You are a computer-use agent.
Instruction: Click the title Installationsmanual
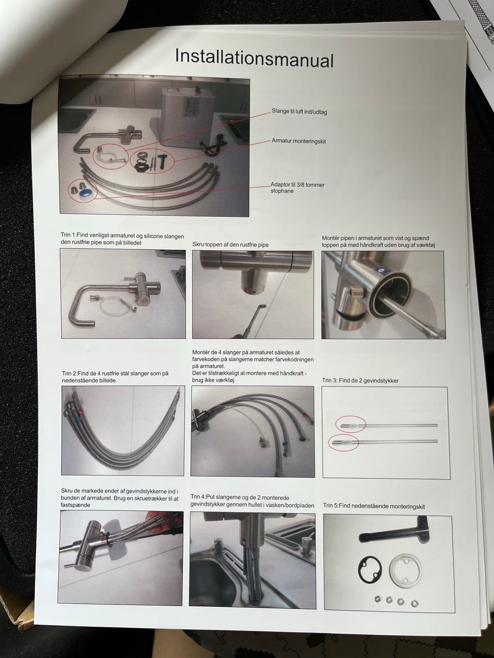pyautogui.click(x=254, y=58)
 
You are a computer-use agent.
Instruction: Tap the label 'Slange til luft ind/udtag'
pyautogui.click(x=299, y=112)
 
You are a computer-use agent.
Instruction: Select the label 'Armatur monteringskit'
pyautogui.click(x=298, y=141)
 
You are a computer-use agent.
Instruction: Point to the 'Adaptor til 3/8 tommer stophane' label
pyautogui.click(x=297, y=188)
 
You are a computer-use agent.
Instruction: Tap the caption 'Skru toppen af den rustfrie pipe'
pyautogui.click(x=231, y=245)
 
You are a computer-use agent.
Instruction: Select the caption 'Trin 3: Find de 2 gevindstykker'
pyautogui.click(x=360, y=381)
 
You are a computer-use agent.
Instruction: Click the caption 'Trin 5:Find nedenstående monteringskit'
pyautogui.click(x=374, y=506)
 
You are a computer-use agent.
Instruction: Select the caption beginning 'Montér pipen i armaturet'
pyautogui.click(x=378, y=242)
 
